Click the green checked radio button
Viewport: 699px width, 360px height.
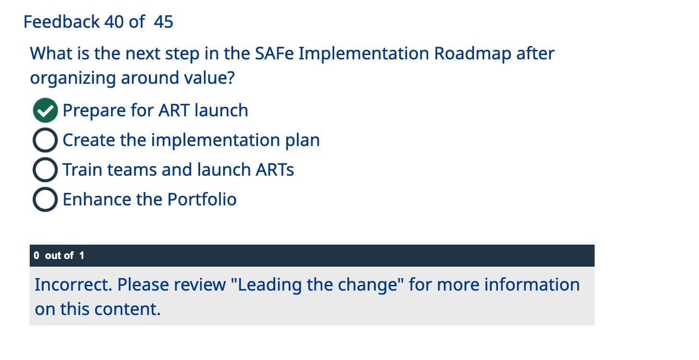coord(45,111)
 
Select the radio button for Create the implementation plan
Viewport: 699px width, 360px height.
coord(45,140)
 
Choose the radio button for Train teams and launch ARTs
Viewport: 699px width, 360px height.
coord(45,170)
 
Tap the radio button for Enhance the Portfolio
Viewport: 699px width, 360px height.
coord(45,200)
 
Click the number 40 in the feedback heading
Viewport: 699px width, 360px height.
coord(114,22)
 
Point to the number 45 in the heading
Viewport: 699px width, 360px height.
coord(164,22)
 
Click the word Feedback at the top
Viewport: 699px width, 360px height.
coord(62,22)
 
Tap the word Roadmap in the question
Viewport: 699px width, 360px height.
coord(473,54)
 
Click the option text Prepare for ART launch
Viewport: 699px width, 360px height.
coord(155,111)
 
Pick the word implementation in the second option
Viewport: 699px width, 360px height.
coord(215,140)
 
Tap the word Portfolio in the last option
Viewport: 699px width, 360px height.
coord(202,200)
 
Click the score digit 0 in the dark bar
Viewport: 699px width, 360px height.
coord(37,256)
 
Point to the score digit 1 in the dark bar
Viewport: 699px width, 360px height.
coord(81,256)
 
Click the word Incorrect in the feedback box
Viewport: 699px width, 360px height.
coord(73,285)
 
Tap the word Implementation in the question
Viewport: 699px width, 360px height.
coord(364,54)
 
